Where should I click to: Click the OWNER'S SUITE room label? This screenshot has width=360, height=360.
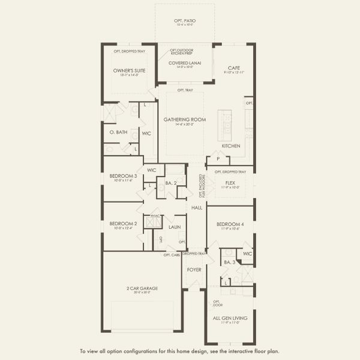coord(126,71)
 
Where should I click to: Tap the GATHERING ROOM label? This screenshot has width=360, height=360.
coord(185,119)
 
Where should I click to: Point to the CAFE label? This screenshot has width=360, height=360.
coord(235,67)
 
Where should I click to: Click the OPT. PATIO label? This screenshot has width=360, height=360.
coord(185,20)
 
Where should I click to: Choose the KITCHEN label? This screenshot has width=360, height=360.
coord(231,146)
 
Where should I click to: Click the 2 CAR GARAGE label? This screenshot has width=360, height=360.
coord(142,288)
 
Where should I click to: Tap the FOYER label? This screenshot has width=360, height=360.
coord(194,269)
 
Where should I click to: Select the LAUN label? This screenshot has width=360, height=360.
coord(174,227)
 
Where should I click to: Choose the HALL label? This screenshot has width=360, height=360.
coord(196,208)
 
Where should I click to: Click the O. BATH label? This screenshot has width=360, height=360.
coord(116,131)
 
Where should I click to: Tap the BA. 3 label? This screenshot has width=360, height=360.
coord(228,262)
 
